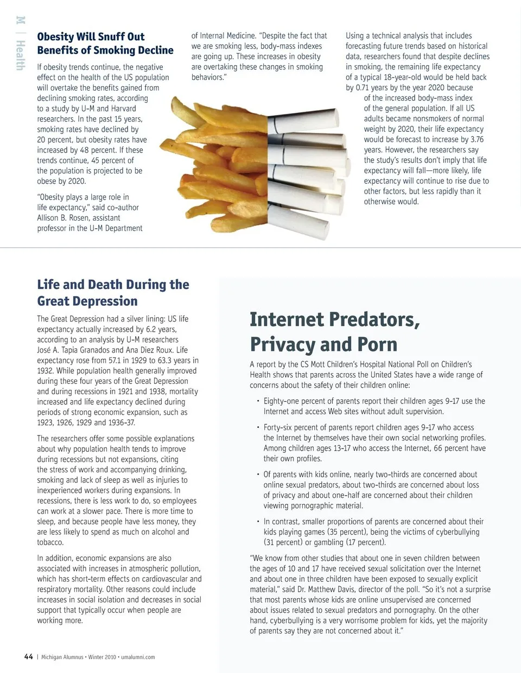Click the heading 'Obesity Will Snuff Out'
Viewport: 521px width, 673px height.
pos(91,37)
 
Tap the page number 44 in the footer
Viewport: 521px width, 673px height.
pos(29,657)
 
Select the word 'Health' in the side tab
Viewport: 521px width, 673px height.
pos(20,56)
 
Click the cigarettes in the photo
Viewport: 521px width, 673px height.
pos(307,163)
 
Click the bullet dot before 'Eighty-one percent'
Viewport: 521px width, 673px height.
pos(258,401)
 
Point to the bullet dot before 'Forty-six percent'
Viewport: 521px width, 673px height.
pos(258,427)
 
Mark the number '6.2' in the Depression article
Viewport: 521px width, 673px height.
pos(143,329)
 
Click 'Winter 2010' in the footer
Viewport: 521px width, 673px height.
pos(102,657)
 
